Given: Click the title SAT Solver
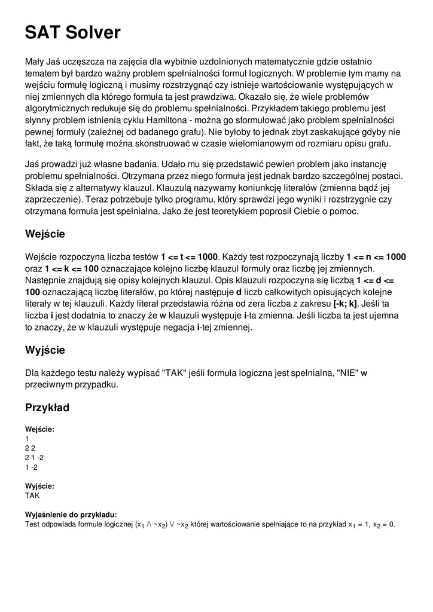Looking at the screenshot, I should pos(72,32).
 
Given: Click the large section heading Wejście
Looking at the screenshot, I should pos(45,234).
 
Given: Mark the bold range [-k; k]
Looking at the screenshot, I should pos(345,303).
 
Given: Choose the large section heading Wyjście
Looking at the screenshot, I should pos(45,350).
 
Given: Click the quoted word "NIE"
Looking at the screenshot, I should pos(348,373).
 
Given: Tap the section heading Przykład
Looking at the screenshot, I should pos(47,408).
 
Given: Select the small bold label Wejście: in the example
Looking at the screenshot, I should pos(39,429).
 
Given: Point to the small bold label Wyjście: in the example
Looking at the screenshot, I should pos(39,486).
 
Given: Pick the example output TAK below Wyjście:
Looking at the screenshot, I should pos(32,495).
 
